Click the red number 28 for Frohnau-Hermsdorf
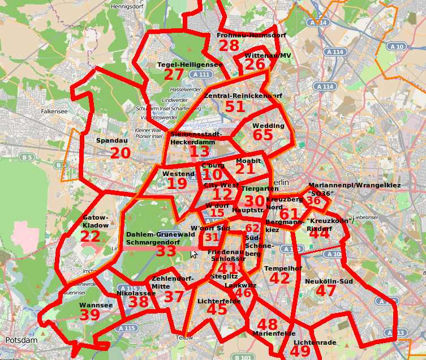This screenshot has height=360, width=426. (x=229, y=46)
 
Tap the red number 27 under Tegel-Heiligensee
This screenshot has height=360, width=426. (x=174, y=75)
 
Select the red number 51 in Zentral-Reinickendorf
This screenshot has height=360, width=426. (x=235, y=106)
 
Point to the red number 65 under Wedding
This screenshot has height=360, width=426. (x=263, y=136)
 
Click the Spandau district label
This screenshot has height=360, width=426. (x=107, y=140)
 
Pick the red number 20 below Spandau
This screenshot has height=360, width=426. (x=120, y=153)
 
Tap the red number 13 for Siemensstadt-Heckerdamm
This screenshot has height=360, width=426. (x=199, y=152)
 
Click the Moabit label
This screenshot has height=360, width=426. (x=248, y=161)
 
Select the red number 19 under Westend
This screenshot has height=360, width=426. (x=177, y=183)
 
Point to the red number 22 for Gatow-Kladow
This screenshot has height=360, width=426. (x=91, y=237)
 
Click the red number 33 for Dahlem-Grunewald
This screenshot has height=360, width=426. (x=166, y=251)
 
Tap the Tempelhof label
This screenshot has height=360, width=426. (x=279, y=268)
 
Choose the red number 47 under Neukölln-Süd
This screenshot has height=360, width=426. (x=326, y=291)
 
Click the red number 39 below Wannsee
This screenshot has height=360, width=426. (x=89, y=315)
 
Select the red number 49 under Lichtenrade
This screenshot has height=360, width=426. (x=300, y=351)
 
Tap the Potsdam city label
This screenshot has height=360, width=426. (x=21, y=340)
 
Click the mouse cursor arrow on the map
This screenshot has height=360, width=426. (x=193, y=254)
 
